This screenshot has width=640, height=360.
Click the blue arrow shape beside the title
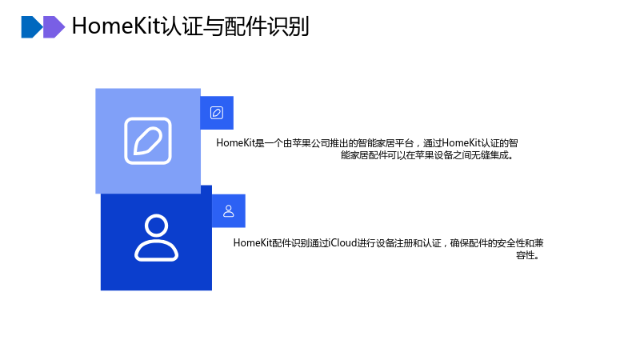click(x=32, y=27)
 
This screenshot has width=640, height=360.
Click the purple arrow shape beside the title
click(x=54, y=27)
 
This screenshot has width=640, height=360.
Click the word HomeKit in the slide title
click(x=117, y=26)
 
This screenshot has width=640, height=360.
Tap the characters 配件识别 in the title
click(x=266, y=26)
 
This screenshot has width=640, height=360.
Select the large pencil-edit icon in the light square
click(x=148, y=141)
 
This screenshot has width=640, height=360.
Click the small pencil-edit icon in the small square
click(x=217, y=113)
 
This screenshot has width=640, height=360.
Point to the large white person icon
click(x=156, y=238)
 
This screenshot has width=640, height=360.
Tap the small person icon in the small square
click(x=229, y=211)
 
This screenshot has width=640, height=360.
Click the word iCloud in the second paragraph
click(x=343, y=243)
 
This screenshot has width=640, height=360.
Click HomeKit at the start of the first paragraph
click(x=235, y=143)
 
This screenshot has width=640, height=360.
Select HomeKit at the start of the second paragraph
click(x=253, y=243)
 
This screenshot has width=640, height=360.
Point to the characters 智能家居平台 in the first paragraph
click(x=386, y=143)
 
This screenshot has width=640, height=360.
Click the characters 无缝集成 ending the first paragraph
click(x=490, y=155)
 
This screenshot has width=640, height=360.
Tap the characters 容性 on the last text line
click(x=526, y=255)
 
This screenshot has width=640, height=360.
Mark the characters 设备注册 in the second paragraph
click(x=394, y=243)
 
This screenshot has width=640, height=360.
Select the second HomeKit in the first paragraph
click(x=462, y=143)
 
